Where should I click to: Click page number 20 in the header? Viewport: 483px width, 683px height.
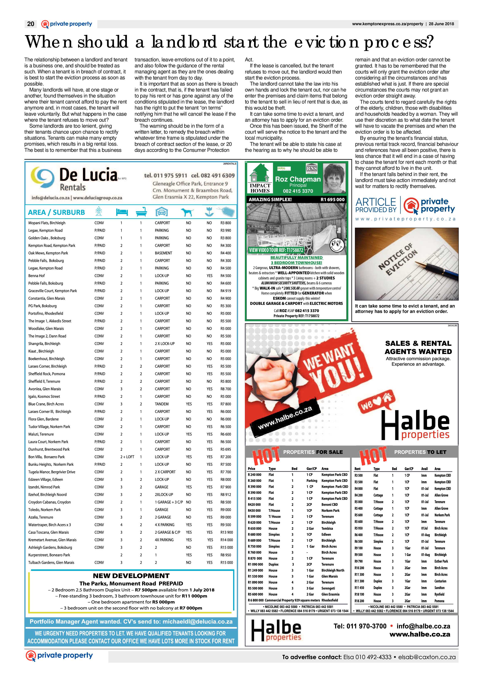(31, 24)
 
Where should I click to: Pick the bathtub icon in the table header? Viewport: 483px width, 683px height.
(141, 212)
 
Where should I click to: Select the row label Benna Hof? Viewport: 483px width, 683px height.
(37, 276)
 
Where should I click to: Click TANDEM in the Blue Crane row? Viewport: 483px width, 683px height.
(161, 404)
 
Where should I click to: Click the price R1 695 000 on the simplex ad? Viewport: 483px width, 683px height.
(332, 200)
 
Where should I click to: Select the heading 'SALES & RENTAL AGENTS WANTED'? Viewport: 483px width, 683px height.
(418, 347)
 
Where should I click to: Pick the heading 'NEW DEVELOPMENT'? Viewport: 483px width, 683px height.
(131, 576)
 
